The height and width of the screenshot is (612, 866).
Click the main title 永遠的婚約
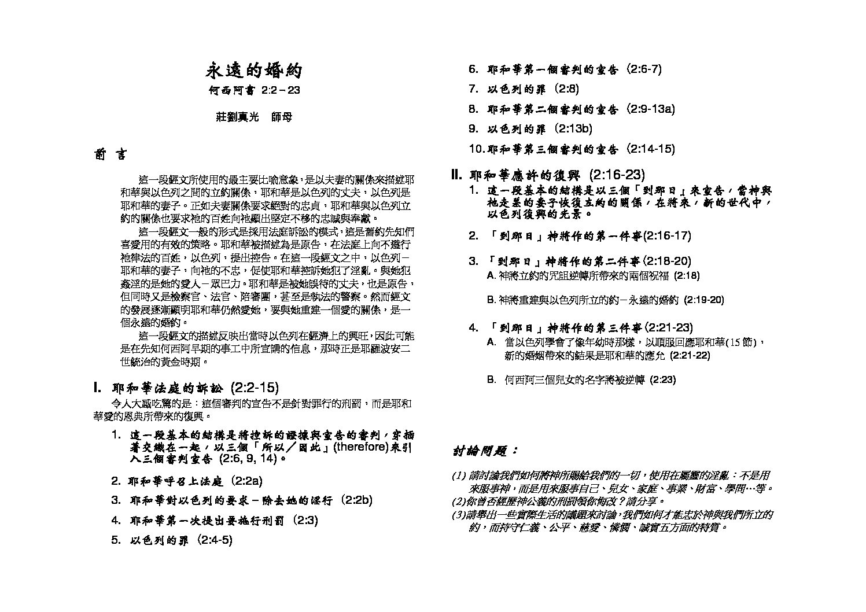click(x=255, y=71)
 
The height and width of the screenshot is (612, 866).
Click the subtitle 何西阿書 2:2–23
click(x=255, y=91)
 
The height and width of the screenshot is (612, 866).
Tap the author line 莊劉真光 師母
click(x=254, y=116)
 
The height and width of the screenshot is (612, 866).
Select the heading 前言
click(x=109, y=155)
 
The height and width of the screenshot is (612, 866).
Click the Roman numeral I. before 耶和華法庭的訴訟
click(x=98, y=388)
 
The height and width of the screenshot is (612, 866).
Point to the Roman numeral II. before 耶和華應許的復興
click(x=456, y=175)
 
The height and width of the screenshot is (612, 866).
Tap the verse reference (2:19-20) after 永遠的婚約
click(x=703, y=300)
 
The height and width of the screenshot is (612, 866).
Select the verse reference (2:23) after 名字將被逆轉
click(x=662, y=379)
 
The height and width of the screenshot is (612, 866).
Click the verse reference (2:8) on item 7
click(x=565, y=89)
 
